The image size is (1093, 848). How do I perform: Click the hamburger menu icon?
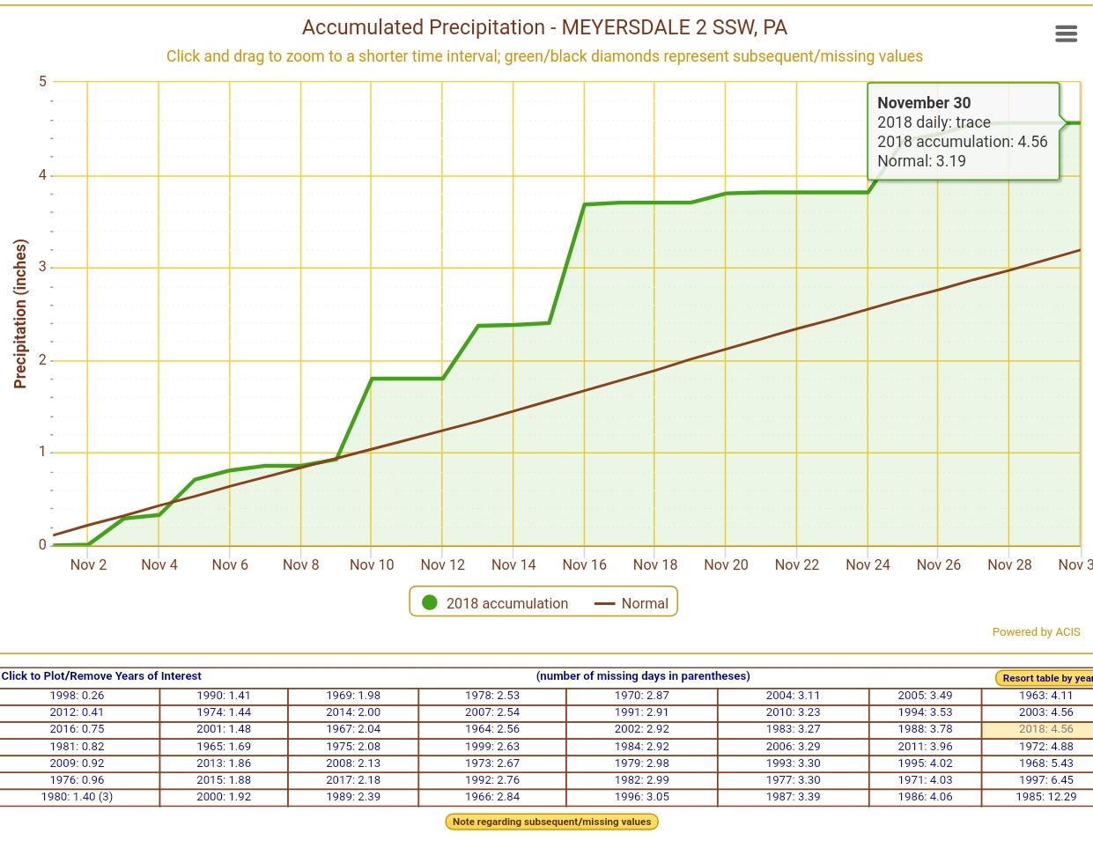click(1066, 33)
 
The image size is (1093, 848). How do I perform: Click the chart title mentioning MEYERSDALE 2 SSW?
click(544, 27)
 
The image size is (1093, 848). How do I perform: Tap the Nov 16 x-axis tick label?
click(584, 564)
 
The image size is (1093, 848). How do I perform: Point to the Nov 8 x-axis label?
click(300, 564)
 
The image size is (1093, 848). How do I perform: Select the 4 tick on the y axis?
click(42, 174)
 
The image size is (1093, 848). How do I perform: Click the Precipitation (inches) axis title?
click(20, 313)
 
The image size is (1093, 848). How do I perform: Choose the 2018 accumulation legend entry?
click(495, 603)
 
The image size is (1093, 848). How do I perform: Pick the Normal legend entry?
click(632, 603)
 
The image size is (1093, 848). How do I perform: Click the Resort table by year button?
click(1045, 678)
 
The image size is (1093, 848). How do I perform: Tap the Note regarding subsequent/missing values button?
click(551, 822)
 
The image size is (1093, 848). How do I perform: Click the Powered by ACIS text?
click(1036, 631)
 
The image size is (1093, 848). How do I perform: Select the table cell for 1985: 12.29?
click(1045, 796)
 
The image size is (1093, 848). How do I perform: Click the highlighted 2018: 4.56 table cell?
click(1045, 729)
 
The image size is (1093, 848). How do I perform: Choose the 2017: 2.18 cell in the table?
click(353, 779)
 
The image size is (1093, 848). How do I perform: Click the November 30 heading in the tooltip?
click(924, 103)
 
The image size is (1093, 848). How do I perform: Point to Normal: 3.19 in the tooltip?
click(921, 161)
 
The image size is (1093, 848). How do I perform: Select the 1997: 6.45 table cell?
click(1045, 779)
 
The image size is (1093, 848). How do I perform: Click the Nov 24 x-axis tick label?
click(868, 564)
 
